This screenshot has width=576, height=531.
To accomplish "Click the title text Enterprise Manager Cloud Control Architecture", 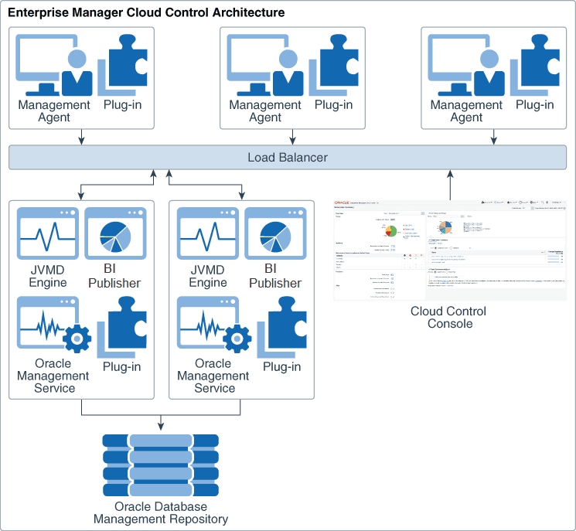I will click(x=146, y=13).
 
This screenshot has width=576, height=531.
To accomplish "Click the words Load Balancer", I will click(x=288, y=158).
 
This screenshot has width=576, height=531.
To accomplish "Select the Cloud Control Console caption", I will click(x=449, y=317).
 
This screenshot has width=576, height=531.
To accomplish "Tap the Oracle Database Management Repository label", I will click(x=161, y=512).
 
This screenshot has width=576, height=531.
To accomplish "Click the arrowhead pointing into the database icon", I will click(x=161, y=426).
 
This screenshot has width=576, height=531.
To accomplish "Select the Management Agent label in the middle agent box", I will click(x=265, y=111).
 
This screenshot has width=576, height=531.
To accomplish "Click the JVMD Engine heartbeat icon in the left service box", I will click(x=48, y=232).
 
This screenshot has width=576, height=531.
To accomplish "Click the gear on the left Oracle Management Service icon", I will click(x=77, y=339).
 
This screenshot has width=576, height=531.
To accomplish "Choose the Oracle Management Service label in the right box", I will click(x=213, y=376).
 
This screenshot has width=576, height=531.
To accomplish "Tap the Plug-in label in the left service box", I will click(x=121, y=366).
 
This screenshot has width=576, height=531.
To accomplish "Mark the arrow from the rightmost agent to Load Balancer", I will click(x=492, y=136).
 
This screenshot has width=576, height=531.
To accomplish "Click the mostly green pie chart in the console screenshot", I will click(x=391, y=230).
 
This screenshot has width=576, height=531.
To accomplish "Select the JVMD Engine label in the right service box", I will click(x=208, y=276).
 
